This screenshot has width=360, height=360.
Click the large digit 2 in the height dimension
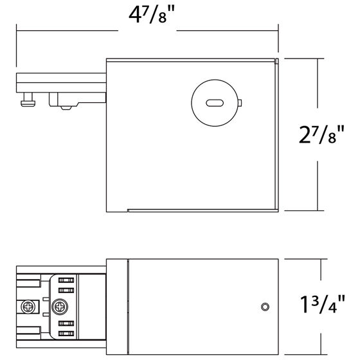pos(307,135)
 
